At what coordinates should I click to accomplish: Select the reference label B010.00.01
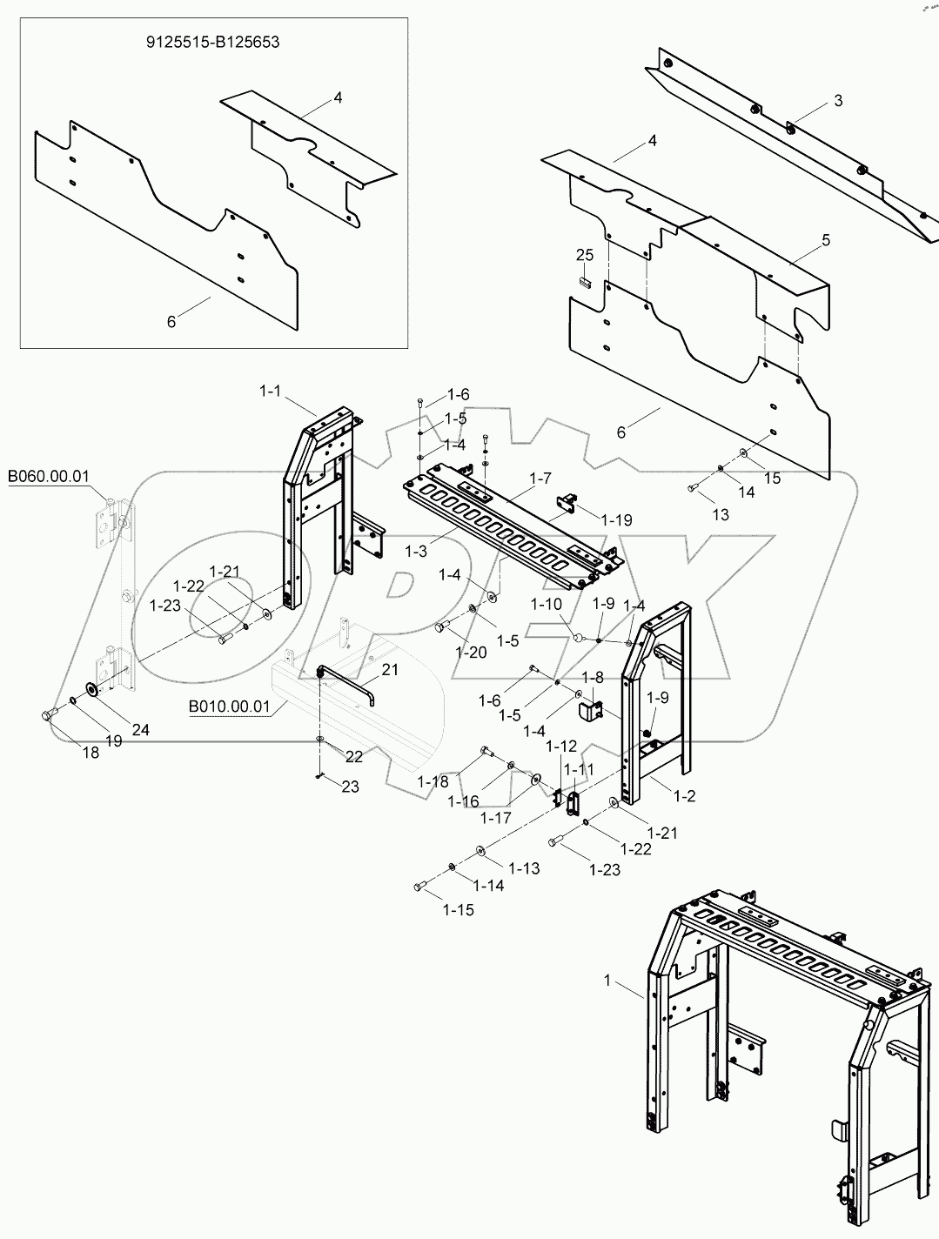[230, 707]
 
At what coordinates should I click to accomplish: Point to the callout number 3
[837, 101]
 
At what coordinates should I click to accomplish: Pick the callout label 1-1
[271, 392]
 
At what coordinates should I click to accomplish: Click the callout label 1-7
[540, 479]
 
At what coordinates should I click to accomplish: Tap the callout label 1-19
[617, 520]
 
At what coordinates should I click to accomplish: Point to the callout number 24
[139, 730]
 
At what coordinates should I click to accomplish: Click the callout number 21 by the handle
[389, 669]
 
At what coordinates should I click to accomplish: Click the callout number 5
[825, 238]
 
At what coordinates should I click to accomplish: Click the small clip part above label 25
[585, 280]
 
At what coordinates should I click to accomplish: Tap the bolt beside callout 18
[48, 716]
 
